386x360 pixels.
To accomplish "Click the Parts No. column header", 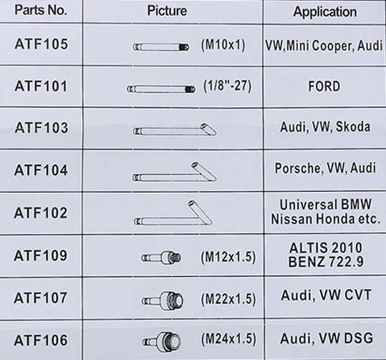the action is pyautogui.click(x=41, y=10).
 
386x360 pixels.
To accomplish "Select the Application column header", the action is pyautogui.click(x=325, y=12).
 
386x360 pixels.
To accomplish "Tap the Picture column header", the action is pyautogui.click(x=167, y=11).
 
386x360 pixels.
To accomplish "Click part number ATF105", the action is pyautogui.click(x=41, y=44).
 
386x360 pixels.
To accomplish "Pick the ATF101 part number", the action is pyautogui.click(x=41, y=86).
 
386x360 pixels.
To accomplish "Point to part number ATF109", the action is pyautogui.click(x=41, y=256).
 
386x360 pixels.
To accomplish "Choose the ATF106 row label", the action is pyautogui.click(x=41, y=340).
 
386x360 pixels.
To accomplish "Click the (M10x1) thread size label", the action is pyautogui.click(x=223, y=45).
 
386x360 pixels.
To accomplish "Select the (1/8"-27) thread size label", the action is pyautogui.click(x=227, y=86).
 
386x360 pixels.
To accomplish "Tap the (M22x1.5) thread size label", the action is pyautogui.click(x=228, y=299).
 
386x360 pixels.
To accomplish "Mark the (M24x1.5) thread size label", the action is pyautogui.click(x=228, y=339).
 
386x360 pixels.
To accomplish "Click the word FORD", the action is pyautogui.click(x=324, y=87).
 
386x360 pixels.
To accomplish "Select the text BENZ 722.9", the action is pyautogui.click(x=326, y=262).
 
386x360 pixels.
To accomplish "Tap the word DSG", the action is pyautogui.click(x=359, y=339).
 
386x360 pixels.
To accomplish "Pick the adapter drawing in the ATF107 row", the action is pyautogui.click(x=163, y=299).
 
